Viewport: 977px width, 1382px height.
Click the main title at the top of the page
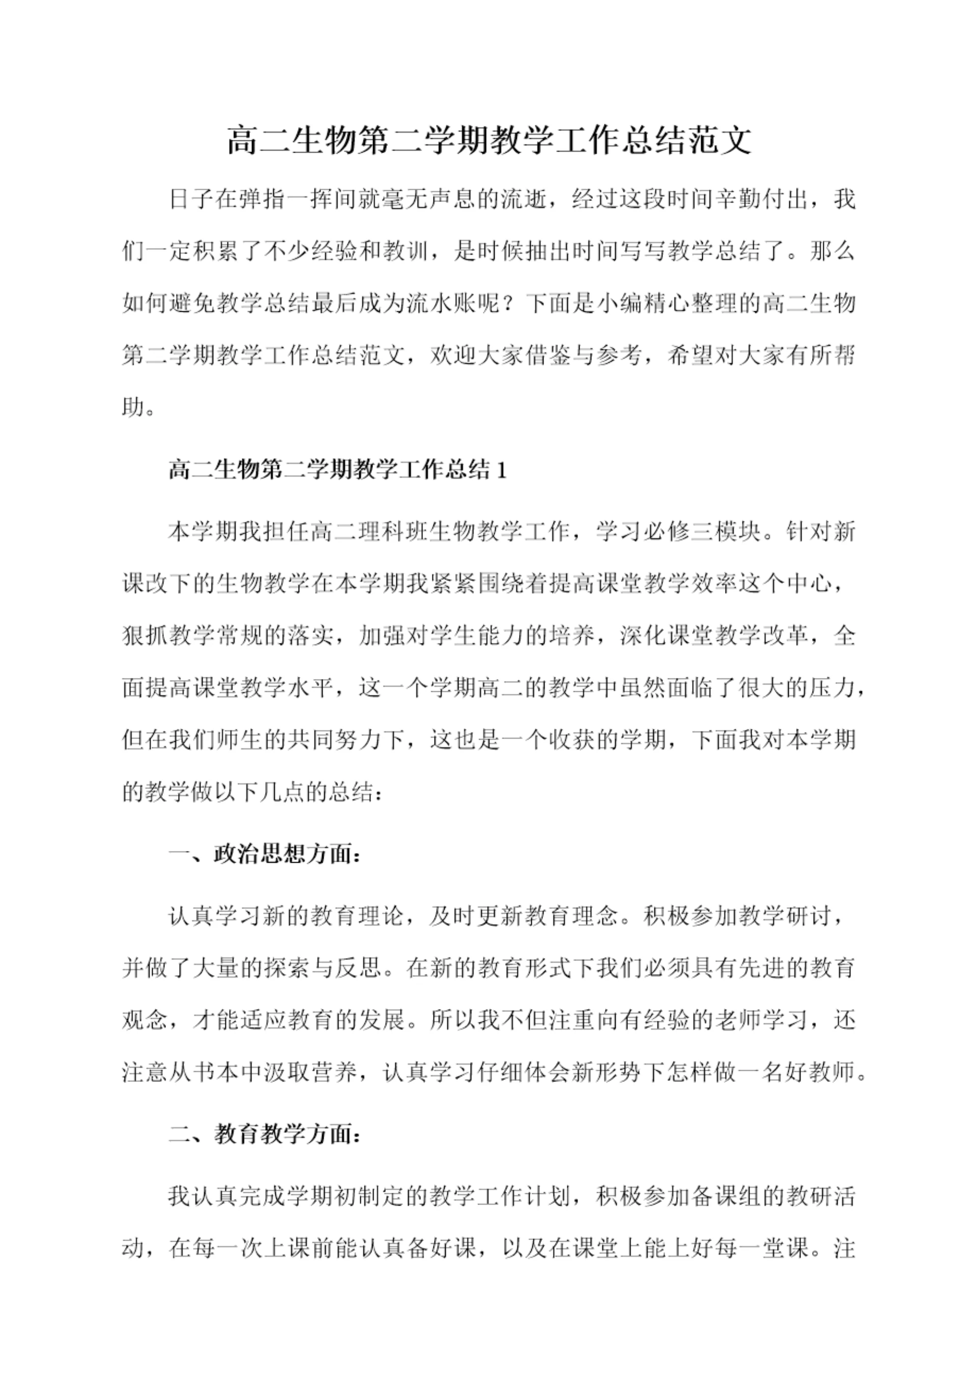pos(489,141)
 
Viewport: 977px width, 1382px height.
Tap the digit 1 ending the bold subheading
pos(501,470)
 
